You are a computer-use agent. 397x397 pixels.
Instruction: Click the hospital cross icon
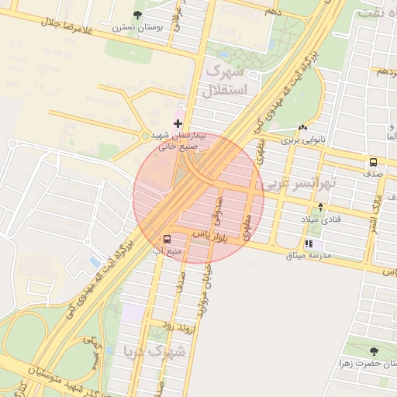(178, 123)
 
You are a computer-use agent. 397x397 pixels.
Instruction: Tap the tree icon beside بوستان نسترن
(138, 14)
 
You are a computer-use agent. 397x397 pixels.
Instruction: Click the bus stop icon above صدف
(374, 163)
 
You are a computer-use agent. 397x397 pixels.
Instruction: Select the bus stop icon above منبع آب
(167, 239)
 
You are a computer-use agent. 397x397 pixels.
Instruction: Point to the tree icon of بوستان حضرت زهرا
(375, 351)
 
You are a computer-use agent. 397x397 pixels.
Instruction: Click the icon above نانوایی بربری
(302, 128)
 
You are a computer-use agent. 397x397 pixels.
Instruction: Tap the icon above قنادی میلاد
(321, 207)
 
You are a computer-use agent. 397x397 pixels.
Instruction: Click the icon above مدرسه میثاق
(309, 243)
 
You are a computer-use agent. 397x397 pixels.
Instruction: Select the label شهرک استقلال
(226, 81)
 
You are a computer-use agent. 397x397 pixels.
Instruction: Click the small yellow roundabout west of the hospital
(145, 136)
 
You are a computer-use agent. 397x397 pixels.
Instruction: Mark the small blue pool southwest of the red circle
(95, 261)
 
